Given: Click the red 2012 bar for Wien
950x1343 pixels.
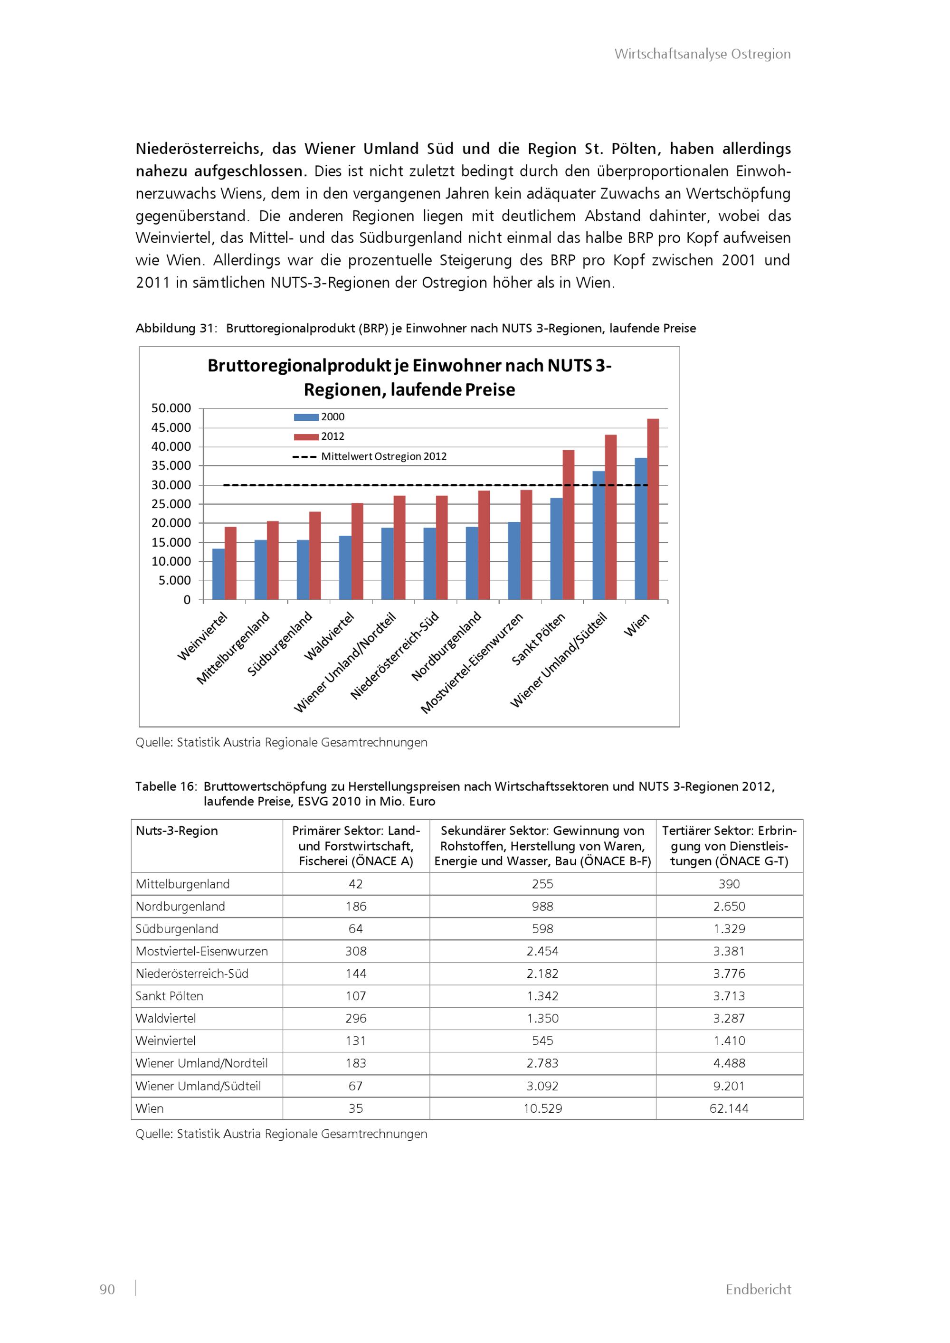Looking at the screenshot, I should coord(653,509).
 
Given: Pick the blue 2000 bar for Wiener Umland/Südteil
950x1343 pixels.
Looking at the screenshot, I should coord(598,535).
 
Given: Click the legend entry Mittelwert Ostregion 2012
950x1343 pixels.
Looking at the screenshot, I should coord(383,457).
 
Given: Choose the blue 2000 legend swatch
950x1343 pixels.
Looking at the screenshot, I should coord(306,417).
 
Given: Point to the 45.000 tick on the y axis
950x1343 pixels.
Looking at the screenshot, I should coord(171,427).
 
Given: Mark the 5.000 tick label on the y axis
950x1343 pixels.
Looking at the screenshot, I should coord(174,580).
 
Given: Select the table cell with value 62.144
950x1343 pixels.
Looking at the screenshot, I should coord(729,1108).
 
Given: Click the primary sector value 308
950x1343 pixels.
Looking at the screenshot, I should coord(356,951).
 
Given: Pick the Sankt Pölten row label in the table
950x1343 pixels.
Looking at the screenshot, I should coord(170,996).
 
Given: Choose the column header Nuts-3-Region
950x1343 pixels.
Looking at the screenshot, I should coord(177,831).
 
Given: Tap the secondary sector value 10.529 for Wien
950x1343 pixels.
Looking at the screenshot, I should coord(542,1108).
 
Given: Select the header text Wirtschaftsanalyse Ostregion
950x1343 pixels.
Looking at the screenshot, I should coord(702,54).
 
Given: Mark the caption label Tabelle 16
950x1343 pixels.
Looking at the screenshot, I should coord(166,786).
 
